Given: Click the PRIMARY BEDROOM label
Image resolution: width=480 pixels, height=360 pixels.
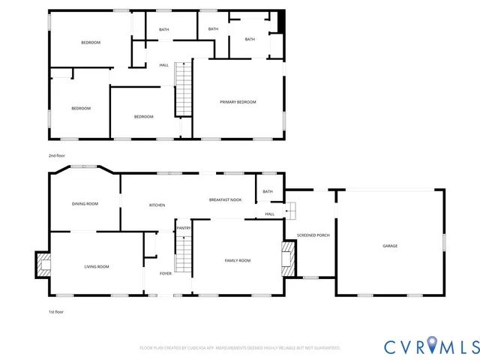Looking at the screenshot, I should pyautogui.click(x=238, y=102).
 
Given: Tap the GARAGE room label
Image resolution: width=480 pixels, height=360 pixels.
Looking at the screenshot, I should pyautogui.click(x=390, y=246).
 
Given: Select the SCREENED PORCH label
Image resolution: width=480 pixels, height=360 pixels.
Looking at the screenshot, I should pyautogui.click(x=313, y=235).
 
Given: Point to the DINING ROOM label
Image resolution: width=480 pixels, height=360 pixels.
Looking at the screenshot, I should pyautogui.click(x=85, y=204).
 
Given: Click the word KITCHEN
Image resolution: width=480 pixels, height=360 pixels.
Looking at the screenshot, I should pyautogui.click(x=157, y=205).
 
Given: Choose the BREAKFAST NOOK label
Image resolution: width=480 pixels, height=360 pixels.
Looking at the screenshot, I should pyautogui.click(x=225, y=200).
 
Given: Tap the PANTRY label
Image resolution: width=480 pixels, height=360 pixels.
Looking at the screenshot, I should pyautogui.click(x=183, y=228).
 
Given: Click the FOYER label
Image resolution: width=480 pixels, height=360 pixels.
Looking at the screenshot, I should pyautogui.click(x=166, y=274).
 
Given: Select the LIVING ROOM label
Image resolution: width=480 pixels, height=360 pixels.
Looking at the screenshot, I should pyautogui.click(x=96, y=267).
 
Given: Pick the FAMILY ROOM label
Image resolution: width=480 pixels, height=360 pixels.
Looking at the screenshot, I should pyautogui.click(x=238, y=260).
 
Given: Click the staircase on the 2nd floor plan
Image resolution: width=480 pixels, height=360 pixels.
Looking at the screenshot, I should pyautogui.click(x=184, y=89).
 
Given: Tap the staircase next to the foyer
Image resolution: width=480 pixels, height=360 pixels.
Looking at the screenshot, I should pyautogui.click(x=184, y=254).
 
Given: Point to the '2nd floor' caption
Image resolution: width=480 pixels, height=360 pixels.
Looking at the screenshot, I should pyautogui.click(x=57, y=155).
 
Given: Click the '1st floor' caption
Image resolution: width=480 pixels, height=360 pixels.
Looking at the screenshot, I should pyautogui.click(x=56, y=311).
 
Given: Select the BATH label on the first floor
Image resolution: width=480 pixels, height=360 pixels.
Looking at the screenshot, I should pyautogui.click(x=267, y=193).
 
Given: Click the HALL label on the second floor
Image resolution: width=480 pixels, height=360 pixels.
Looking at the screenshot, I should pyautogui.click(x=163, y=65).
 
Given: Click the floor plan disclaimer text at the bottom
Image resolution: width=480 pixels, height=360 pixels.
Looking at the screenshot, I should pyautogui.click(x=240, y=348).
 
